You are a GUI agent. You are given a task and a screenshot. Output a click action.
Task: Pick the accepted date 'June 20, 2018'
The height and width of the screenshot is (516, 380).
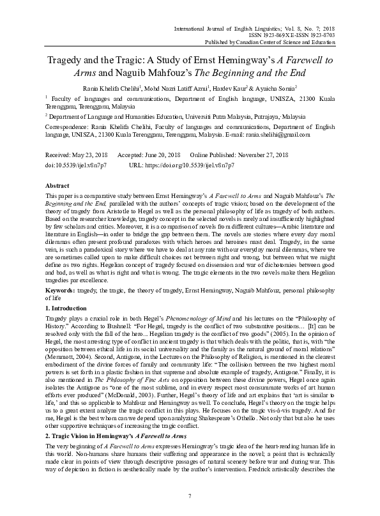point(166,155)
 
